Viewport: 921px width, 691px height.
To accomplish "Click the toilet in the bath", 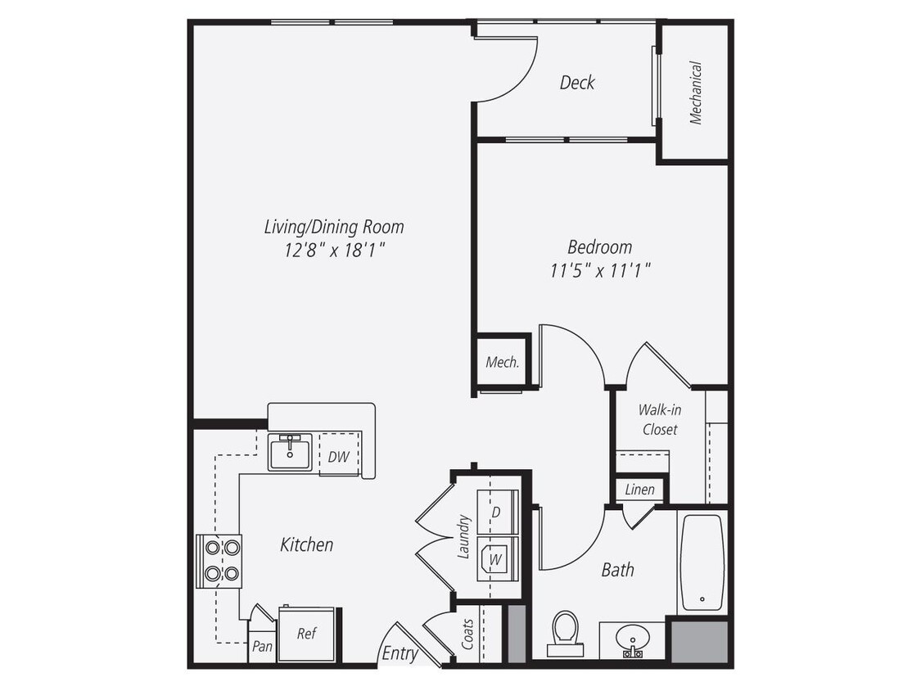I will pyautogui.click(x=565, y=633).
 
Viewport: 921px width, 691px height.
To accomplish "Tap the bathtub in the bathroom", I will pyautogui.click(x=702, y=562).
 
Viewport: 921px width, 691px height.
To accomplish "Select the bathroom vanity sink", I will pyautogui.click(x=632, y=639).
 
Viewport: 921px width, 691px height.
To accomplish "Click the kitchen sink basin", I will pyautogui.click(x=290, y=451).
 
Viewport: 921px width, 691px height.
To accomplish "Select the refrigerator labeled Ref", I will pyautogui.click(x=306, y=633).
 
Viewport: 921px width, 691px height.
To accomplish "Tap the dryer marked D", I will pyautogui.click(x=496, y=512).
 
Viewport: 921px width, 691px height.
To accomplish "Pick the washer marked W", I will pyautogui.click(x=496, y=560).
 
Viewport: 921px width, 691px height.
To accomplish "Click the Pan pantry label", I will pyautogui.click(x=262, y=646).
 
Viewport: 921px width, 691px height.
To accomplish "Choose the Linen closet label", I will pyautogui.click(x=640, y=490).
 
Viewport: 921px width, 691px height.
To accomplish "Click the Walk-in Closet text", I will pyautogui.click(x=660, y=418).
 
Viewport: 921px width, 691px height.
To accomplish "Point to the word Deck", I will pyautogui.click(x=577, y=82).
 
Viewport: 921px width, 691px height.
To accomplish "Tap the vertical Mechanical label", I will pyautogui.click(x=695, y=93).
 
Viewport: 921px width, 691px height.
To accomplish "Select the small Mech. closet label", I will pyautogui.click(x=503, y=362).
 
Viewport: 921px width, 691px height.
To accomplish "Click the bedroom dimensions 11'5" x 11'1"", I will pyautogui.click(x=600, y=270).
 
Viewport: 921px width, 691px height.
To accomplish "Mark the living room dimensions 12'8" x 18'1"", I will pyautogui.click(x=334, y=250).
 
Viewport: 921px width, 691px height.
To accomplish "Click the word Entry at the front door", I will pyautogui.click(x=400, y=653).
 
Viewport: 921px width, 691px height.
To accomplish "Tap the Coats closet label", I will pyautogui.click(x=467, y=633).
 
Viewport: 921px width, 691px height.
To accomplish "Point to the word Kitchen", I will pyautogui.click(x=306, y=544).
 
